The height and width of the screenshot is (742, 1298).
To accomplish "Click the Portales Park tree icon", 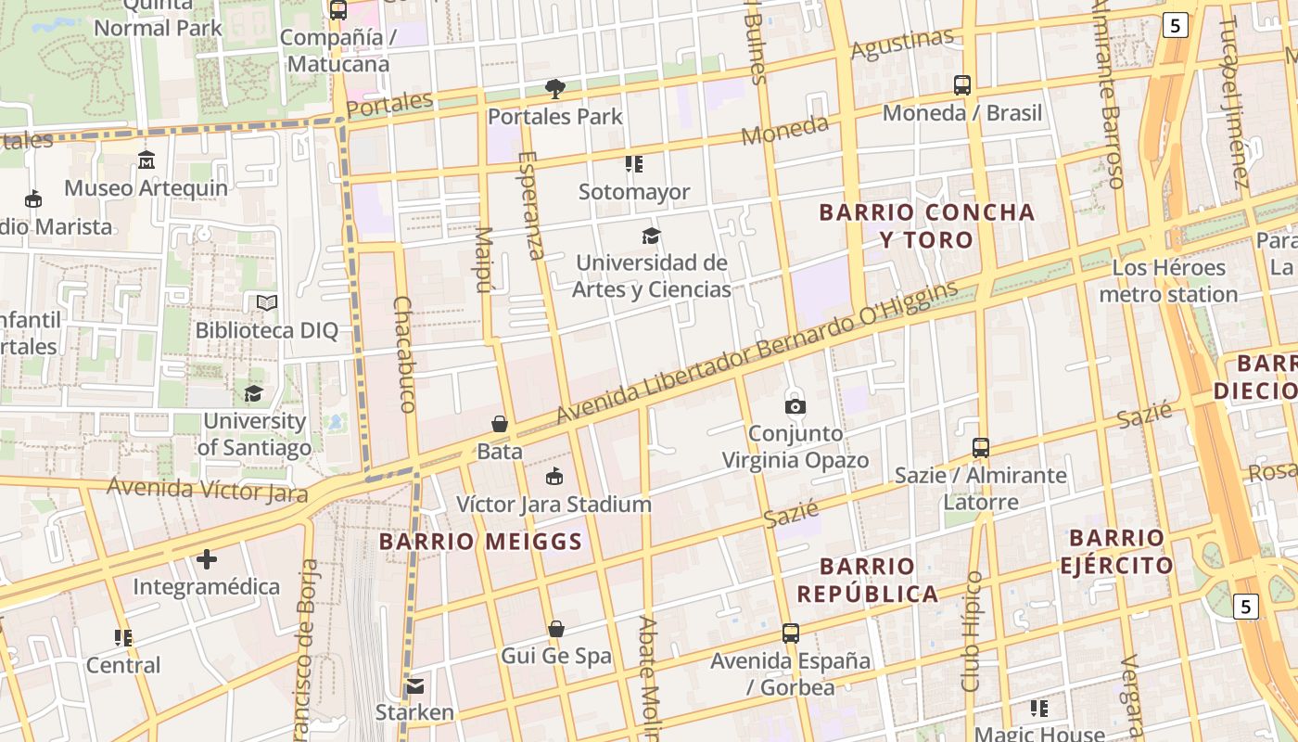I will pyautogui.click(x=555, y=89).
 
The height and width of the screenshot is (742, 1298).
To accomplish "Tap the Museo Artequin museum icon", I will pyautogui.click(x=146, y=160).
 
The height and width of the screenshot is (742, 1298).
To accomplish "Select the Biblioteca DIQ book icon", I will pyautogui.click(x=267, y=302).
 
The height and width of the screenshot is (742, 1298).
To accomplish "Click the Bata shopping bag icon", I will pyautogui.click(x=500, y=424).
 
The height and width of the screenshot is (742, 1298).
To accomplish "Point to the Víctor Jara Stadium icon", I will pyautogui.click(x=554, y=477).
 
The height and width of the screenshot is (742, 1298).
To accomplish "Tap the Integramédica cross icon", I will pyautogui.click(x=207, y=559).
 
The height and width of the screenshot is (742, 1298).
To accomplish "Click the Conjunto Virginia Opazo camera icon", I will pyautogui.click(x=795, y=406).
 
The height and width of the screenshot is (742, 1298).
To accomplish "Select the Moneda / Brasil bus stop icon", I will pyautogui.click(x=962, y=85).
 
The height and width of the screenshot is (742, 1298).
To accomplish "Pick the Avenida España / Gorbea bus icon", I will pyautogui.click(x=791, y=633).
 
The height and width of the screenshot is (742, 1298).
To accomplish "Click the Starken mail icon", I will pyautogui.click(x=414, y=686).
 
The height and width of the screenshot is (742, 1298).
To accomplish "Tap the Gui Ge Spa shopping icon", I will pyautogui.click(x=556, y=629).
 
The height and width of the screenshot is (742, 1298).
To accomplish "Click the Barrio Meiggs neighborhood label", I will pyautogui.click(x=480, y=542).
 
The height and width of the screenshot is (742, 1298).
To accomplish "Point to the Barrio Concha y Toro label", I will pyautogui.click(x=927, y=225).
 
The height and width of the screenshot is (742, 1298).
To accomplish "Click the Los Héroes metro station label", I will pyautogui.click(x=1168, y=281).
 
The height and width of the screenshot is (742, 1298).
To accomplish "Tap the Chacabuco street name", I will pyautogui.click(x=404, y=354).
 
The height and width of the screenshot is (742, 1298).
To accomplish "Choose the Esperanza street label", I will pyautogui.click(x=531, y=206).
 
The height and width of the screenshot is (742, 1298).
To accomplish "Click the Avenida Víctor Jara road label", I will pyautogui.click(x=207, y=489).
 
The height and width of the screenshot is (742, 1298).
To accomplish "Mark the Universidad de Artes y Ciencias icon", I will pyautogui.click(x=652, y=236).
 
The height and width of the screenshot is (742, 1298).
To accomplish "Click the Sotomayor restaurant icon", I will pyautogui.click(x=634, y=164).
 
